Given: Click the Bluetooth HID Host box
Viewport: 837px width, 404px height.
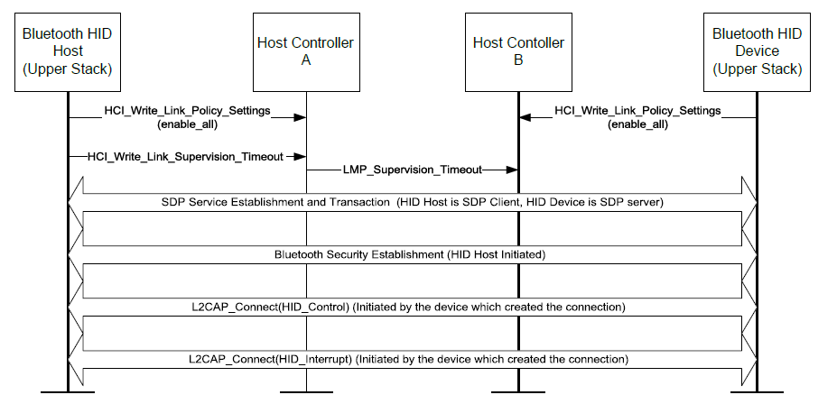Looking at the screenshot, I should pos(68,52).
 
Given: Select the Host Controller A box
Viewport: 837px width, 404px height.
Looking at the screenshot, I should pos(306,52).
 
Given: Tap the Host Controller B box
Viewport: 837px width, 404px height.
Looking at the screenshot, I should pos(518,52).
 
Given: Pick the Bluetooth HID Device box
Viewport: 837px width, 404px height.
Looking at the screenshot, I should pos(756,52).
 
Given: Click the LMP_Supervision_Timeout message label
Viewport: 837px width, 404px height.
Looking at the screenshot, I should pos(412,169).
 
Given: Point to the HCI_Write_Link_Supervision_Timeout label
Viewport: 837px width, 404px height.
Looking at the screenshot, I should pos(185,156).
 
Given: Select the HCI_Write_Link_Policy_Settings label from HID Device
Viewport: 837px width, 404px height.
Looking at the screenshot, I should pos(637,111).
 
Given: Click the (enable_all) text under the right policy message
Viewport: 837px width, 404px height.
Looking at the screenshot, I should pos(637,124).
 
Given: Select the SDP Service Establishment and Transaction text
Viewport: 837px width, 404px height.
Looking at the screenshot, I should pos(412,203).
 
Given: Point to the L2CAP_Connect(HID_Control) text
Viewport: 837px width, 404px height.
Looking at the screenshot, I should pos(412,307).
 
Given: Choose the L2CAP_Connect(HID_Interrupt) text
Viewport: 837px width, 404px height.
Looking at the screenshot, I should pos(412,359).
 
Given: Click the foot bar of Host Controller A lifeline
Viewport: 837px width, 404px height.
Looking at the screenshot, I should pos(306,392).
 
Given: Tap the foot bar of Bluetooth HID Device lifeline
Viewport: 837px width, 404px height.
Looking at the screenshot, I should pos(756,392).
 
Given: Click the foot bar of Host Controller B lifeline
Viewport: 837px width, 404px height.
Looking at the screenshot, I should pos(518,392).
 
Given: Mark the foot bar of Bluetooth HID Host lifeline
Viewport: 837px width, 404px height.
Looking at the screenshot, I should pos(68,392).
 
